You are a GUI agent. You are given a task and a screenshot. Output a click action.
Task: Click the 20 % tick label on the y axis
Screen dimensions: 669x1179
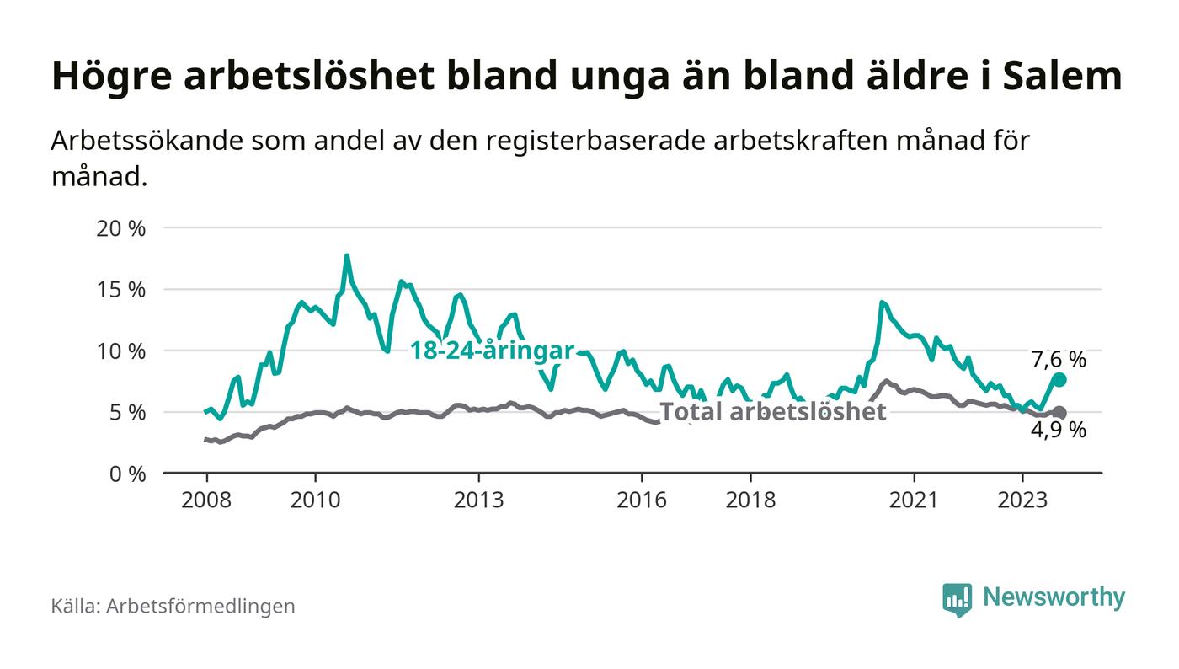[x=121, y=227]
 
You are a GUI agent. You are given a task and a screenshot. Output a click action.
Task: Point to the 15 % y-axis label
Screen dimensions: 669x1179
[x=121, y=289]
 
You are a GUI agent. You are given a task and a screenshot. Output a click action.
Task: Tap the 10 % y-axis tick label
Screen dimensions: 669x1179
[x=121, y=351]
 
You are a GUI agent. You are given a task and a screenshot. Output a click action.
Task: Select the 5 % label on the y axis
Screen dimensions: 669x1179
[x=127, y=412]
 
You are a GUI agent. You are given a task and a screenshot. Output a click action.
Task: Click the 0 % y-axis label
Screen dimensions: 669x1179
[x=127, y=474]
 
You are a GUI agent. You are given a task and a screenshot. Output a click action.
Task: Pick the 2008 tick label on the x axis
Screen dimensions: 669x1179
[x=206, y=500]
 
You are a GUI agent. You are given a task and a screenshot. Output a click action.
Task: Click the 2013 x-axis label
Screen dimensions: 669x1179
[x=479, y=500]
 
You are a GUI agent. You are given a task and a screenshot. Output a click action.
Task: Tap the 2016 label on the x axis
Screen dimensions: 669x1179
[x=642, y=500]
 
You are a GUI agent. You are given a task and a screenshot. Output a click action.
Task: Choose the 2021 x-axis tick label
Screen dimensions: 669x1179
[x=914, y=500]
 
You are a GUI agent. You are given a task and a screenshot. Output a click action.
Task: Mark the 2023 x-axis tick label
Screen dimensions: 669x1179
[x=1022, y=500]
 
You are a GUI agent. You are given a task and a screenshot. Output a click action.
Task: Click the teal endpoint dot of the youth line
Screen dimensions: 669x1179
[x=1059, y=380]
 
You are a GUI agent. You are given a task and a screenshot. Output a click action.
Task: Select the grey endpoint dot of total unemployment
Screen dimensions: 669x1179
[x=1059, y=413]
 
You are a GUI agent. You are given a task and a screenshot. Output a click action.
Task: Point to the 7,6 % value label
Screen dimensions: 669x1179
[x=1059, y=360]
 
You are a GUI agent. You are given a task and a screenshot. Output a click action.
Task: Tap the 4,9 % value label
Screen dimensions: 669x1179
[x=1059, y=431]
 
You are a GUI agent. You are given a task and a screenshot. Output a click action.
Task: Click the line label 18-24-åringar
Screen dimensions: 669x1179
[x=492, y=351]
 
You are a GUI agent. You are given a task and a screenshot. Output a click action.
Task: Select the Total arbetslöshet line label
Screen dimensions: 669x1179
[x=772, y=411]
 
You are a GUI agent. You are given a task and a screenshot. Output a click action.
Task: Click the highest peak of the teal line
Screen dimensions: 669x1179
[x=346, y=255]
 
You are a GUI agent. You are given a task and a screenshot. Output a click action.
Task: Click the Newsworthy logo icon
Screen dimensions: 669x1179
[x=957, y=599]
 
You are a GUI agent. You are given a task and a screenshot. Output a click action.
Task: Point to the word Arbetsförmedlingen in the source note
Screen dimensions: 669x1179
[x=200, y=606]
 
